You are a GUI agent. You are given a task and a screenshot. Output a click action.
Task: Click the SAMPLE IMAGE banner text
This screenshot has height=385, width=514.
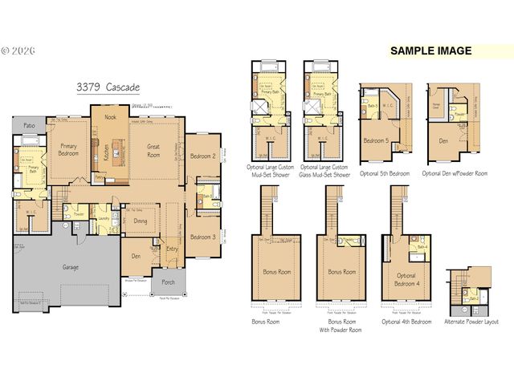tap(430, 51)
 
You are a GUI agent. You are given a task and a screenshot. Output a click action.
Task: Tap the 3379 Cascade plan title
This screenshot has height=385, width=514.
tap(108, 87)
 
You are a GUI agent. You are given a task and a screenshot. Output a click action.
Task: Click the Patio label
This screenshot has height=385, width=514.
tap(29, 125)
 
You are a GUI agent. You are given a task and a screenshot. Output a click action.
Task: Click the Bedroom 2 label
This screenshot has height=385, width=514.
tap(204, 156)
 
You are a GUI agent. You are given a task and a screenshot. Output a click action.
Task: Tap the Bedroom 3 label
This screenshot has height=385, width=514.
tap(204, 237)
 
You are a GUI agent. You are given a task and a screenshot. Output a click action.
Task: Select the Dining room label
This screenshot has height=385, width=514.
tap(141, 221)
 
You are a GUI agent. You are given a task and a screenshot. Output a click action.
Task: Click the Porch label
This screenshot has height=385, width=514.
tap(168, 282)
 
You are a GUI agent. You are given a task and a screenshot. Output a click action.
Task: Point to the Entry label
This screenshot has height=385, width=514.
tap(172, 249)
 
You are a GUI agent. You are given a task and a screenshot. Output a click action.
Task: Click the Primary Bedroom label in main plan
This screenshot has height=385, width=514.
tap(68, 150)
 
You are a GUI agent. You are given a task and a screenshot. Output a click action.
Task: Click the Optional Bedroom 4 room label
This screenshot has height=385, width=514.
tap(406, 278)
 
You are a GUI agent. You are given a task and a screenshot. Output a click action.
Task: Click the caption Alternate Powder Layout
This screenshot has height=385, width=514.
tap(471, 322)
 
